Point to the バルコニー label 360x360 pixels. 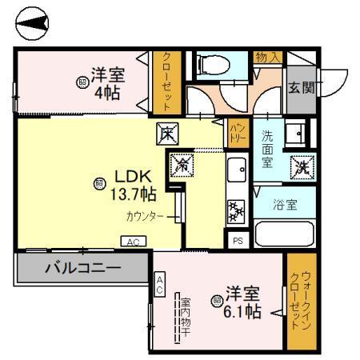[x=82, y=267]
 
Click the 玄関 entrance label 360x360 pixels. [x=301, y=87]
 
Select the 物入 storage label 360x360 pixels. [x=266, y=57]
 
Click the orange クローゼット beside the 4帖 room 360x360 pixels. [x=167, y=82]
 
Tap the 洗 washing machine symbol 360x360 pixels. [x=304, y=167]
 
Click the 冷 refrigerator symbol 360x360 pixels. [x=182, y=166]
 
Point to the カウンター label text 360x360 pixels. [x=144, y=216]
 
